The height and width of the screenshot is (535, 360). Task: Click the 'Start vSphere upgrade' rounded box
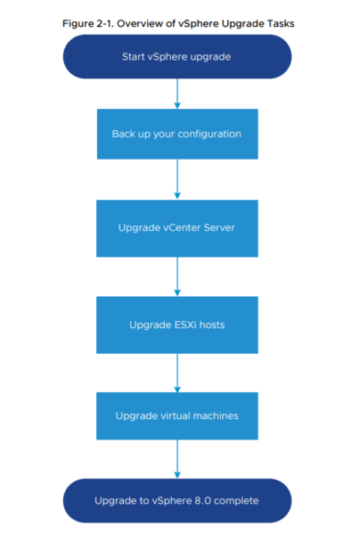coord(177,57)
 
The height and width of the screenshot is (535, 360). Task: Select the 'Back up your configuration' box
coord(177,134)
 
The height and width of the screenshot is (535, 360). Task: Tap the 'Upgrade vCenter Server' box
coord(177,228)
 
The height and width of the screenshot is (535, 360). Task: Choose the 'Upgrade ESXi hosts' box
coord(177,325)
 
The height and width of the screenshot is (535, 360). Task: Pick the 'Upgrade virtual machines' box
coord(177,416)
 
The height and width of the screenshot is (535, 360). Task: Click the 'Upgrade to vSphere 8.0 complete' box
coord(177,500)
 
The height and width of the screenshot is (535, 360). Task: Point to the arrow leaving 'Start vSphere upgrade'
coord(177,94)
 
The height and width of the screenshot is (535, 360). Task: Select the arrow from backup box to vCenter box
coord(177,179)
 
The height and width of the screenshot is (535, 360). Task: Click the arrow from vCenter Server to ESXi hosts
coord(177,276)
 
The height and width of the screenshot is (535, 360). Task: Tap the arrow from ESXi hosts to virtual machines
coord(177,373)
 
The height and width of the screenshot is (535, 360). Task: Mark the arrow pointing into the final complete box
coord(177,459)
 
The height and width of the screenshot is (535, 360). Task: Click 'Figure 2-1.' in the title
coord(88,23)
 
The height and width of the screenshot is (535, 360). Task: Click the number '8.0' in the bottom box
coord(202,500)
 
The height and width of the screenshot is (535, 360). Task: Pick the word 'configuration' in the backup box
coord(209,134)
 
